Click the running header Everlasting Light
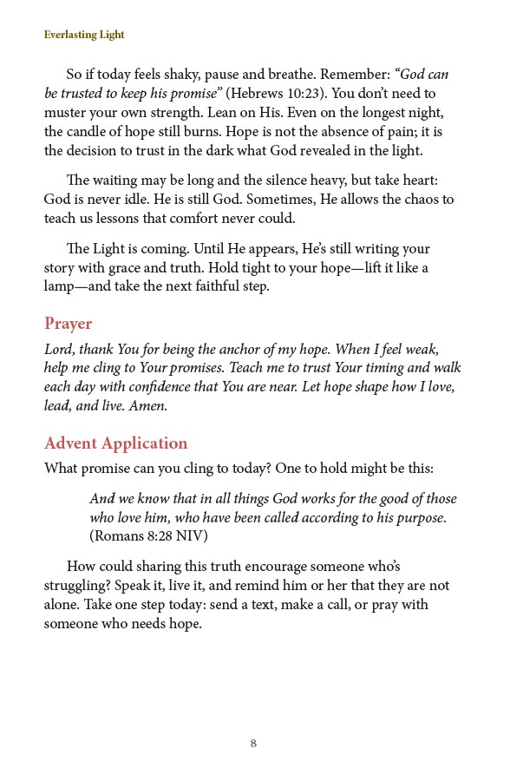(84, 35)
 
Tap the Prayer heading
(68, 324)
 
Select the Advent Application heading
(115, 443)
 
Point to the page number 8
(253, 743)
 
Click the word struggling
(77, 586)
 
